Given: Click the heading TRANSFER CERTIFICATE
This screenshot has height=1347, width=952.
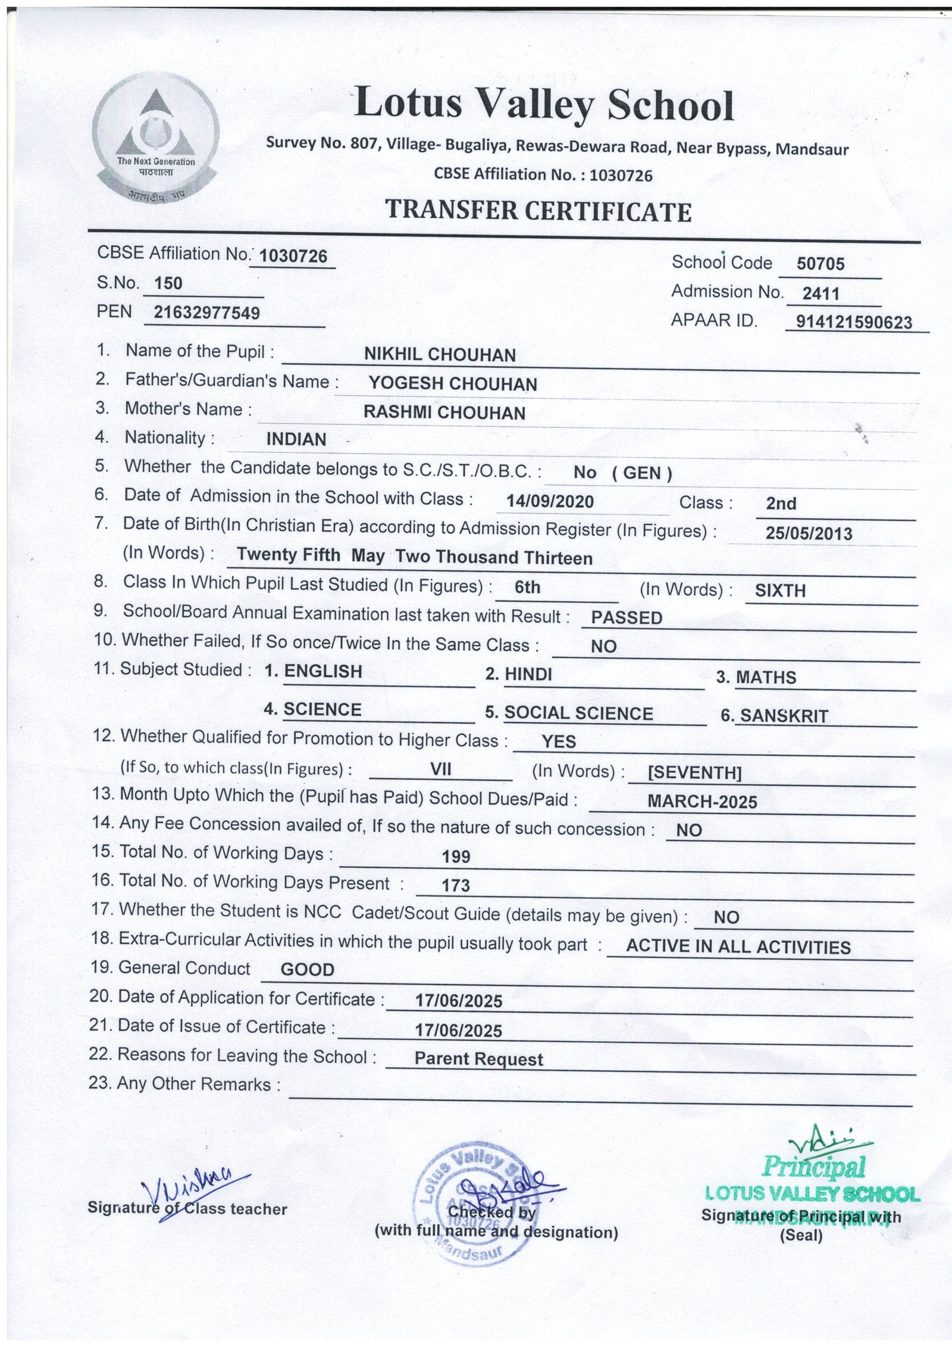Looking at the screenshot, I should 538,211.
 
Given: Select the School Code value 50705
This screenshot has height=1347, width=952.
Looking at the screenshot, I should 821,264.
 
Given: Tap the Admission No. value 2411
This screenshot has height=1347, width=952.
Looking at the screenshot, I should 821,293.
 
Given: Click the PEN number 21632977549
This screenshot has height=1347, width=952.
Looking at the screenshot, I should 206,312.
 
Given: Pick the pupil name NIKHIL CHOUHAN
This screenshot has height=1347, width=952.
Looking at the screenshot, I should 440,355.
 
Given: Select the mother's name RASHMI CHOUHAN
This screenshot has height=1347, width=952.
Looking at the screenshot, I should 444,412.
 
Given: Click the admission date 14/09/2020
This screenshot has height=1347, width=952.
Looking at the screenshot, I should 550,501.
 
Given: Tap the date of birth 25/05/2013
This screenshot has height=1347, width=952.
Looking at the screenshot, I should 809,533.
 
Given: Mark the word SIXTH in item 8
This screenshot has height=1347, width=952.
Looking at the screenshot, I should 780,590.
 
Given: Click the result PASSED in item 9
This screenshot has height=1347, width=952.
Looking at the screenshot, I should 627,618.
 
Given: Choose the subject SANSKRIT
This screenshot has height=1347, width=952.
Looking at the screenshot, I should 784,716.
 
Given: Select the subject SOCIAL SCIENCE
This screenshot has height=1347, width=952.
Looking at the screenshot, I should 578,713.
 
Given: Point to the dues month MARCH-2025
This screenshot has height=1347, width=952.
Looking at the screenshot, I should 702,802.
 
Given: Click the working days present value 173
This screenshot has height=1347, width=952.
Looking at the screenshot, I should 456,886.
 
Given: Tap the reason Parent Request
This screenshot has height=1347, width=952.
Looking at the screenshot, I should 478,1059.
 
